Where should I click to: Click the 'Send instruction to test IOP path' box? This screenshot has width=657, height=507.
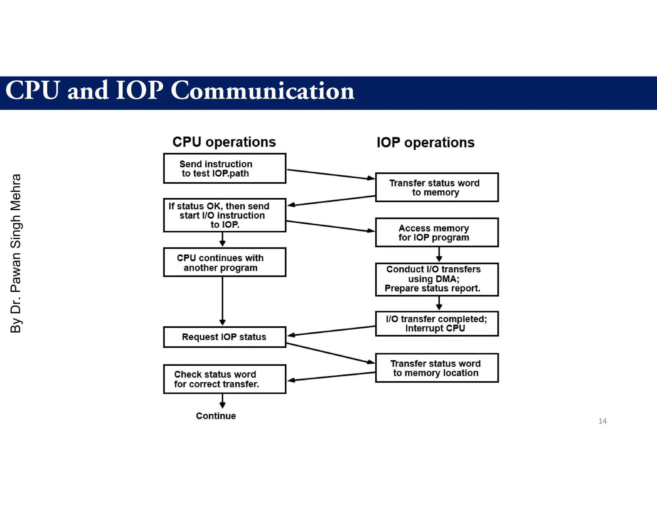click(x=225, y=169)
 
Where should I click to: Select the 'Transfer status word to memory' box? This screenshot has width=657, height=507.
click(x=437, y=187)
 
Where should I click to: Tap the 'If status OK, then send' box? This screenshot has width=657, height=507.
click(x=225, y=215)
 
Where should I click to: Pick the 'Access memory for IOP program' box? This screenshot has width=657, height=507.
click(x=437, y=233)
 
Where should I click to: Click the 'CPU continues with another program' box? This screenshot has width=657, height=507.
click(x=225, y=262)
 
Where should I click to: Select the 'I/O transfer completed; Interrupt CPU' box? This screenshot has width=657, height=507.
click(x=437, y=324)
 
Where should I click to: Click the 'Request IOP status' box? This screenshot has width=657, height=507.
click(x=225, y=337)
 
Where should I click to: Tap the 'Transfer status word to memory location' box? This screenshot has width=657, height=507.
click(x=437, y=368)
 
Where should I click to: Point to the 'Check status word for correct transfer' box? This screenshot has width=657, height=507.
click(x=225, y=379)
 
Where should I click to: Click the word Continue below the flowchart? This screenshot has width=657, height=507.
click(x=216, y=416)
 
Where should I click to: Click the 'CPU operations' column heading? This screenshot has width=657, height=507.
click(x=224, y=142)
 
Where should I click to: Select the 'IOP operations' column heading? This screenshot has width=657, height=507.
click(x=425, y=143)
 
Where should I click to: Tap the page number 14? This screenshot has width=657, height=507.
click(x=602, y=421)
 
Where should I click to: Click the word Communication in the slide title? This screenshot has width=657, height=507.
click(x=262, y=91)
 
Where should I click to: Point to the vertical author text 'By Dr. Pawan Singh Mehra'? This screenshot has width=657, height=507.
click(x=16, y=253)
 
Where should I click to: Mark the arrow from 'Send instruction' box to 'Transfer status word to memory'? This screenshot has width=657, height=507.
click(x=330, y=174)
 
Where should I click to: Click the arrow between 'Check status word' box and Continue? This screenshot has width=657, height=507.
click(x=222, y=401)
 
